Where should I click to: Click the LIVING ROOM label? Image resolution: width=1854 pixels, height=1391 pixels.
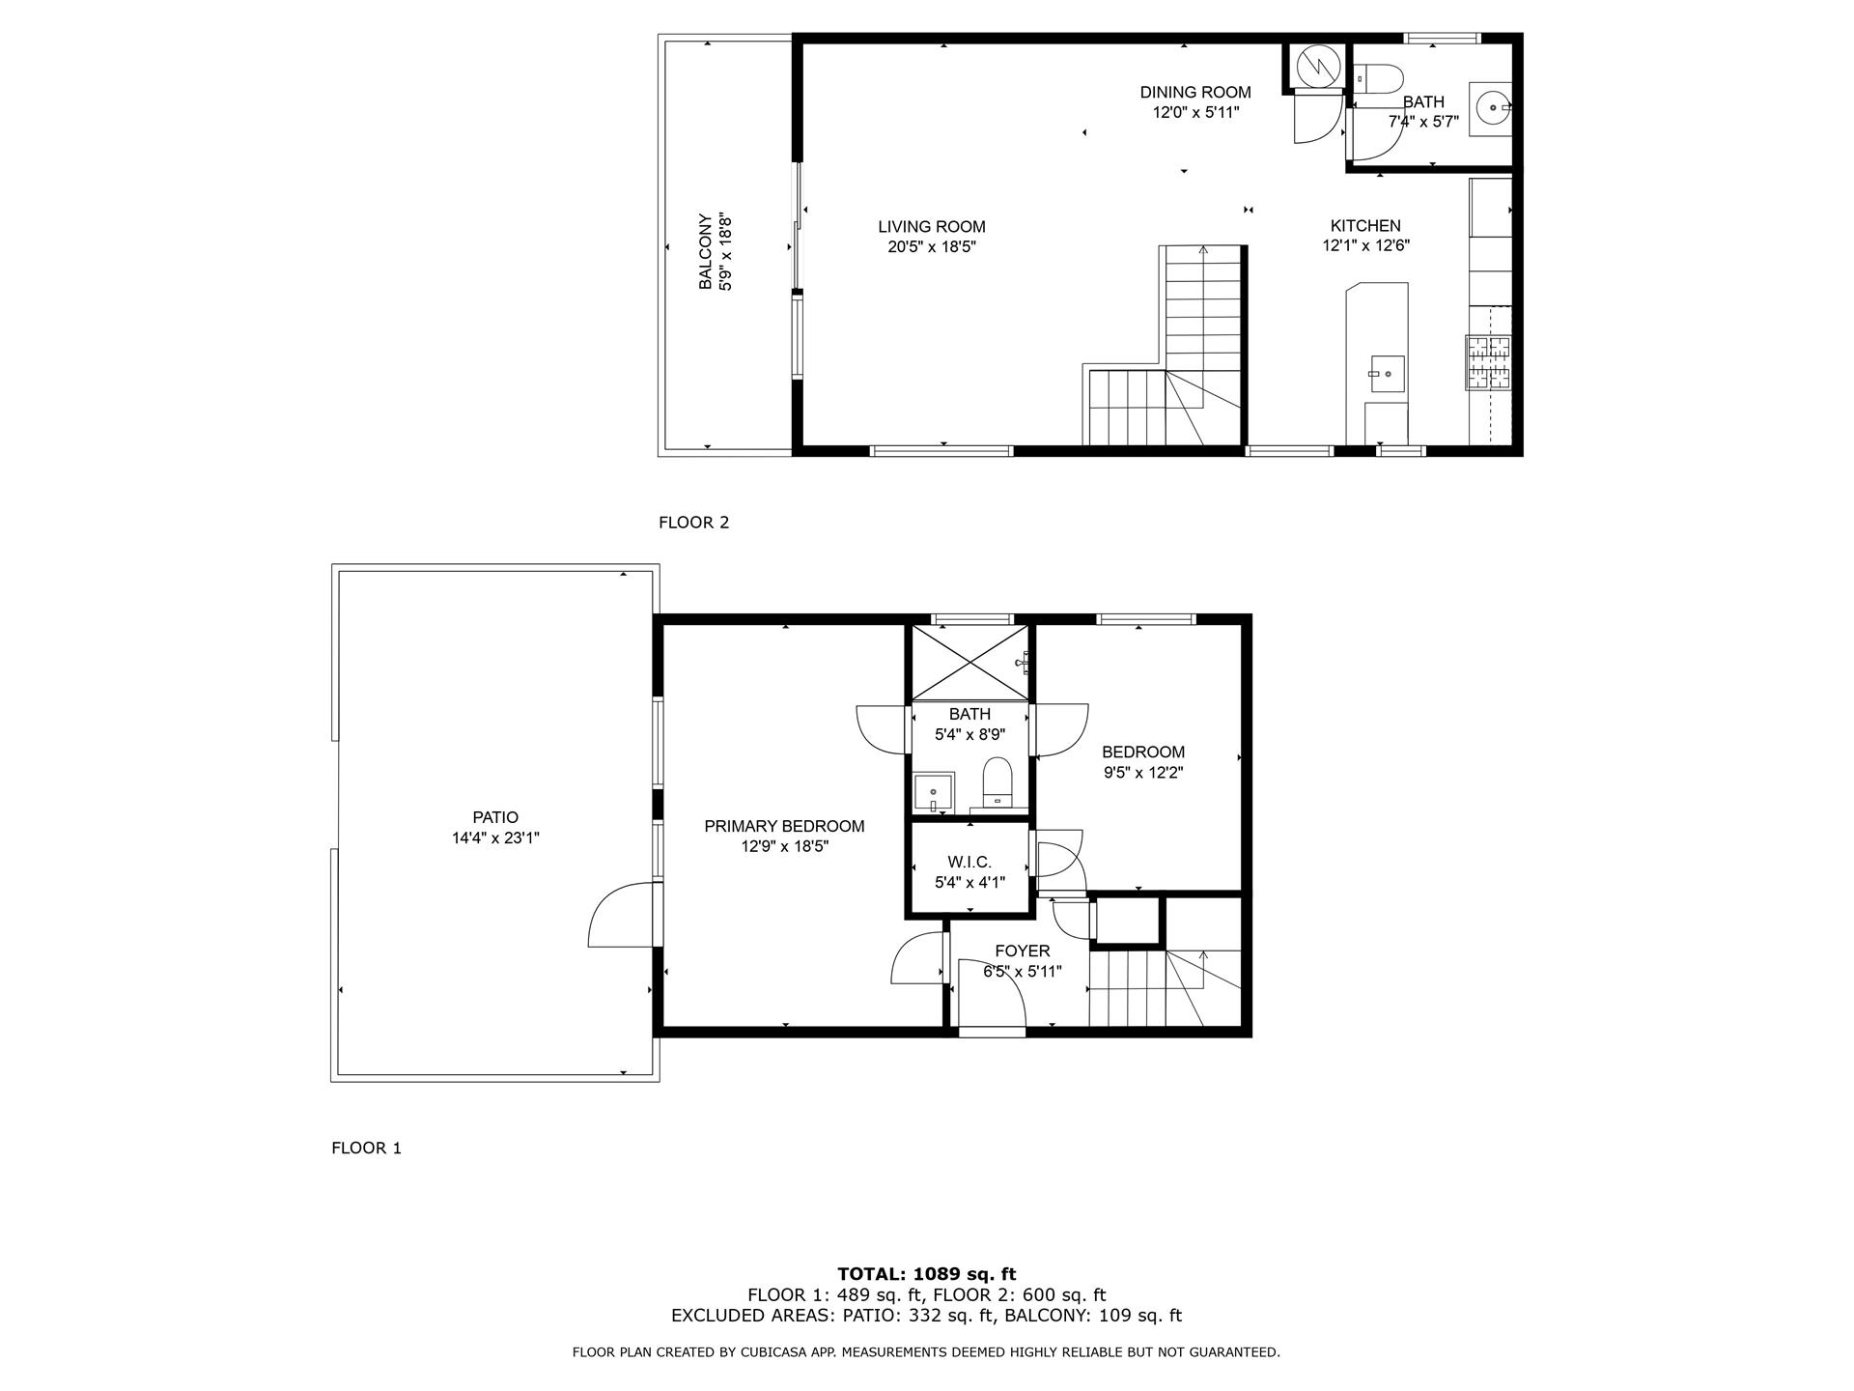(931, 227)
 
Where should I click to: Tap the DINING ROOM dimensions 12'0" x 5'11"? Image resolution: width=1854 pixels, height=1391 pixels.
(1195, 112)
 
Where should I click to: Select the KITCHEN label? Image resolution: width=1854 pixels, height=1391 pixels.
(1365, 226)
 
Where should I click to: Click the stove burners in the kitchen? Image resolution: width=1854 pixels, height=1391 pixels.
(1487, 362)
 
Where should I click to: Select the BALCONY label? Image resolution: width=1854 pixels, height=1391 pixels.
(705, 251)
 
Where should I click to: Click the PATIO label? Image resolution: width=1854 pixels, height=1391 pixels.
(495, 817)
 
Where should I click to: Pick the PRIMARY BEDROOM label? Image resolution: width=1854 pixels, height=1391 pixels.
(784, 826)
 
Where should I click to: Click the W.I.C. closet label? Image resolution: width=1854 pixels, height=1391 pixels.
(969, 862)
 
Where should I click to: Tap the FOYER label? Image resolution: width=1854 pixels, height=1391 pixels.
(1022, 951)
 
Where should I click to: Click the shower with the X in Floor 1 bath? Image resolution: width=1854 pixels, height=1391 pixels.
(969, 663)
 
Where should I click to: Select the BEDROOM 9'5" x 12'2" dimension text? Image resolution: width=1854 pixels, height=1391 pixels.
(1143, 772)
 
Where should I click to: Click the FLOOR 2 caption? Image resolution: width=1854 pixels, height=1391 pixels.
(693, 523)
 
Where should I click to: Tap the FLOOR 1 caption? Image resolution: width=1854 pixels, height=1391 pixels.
(366, 1148)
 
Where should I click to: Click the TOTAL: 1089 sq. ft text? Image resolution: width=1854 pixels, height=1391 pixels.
(926, 1274)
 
